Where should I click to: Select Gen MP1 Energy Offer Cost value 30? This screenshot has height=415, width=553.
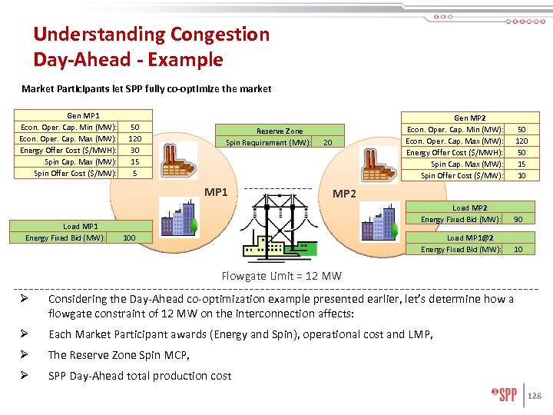point(134,150)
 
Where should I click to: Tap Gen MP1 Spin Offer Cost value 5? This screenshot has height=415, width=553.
point(134,173)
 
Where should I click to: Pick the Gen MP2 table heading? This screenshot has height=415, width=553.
point(469,118)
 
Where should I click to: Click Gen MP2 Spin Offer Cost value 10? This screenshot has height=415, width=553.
point(522,176)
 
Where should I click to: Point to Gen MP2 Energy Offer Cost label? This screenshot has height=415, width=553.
point(455,153)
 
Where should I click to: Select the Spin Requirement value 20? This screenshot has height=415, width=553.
point(327,142)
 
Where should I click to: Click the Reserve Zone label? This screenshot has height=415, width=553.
point(280,131)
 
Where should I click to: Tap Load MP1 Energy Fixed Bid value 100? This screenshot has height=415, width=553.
point(129,238)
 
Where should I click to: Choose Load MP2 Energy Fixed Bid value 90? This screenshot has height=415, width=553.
point(518,220)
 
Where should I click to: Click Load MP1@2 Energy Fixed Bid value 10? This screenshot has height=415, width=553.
point(518,249)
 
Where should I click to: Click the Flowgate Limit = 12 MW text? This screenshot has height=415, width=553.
point(281,276)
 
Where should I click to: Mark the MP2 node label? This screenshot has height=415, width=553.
point(344,193)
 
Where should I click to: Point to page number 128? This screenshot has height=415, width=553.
point(535,396)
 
